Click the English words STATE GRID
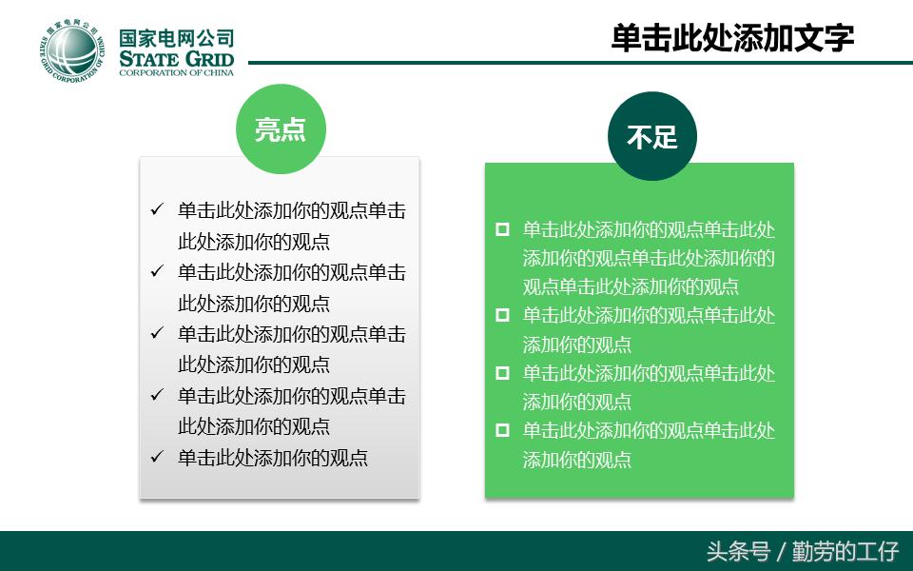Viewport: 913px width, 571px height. (x=177, y=60)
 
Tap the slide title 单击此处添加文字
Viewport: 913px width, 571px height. (x=732, y=37)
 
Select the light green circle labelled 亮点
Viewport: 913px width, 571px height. (x=281, y=129)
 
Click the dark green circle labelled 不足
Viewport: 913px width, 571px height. (x=652, y=136)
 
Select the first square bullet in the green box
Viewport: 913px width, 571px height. (x=502, y=229)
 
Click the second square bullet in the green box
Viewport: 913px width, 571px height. (x=502, y=315)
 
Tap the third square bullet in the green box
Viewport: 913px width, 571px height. (x=502, y=373)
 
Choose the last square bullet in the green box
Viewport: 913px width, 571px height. (x=502, y=430)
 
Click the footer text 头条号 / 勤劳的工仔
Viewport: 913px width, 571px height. (x=802, y=551)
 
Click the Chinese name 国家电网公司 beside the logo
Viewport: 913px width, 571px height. (x=177, y=38)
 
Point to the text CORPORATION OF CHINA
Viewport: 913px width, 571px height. (x=176, y=73)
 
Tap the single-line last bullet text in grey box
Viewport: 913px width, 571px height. (x=273, y=457)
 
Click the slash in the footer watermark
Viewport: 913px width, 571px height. (x=782, y=552)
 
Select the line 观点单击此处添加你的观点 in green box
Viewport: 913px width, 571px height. (x=631, y=286)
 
